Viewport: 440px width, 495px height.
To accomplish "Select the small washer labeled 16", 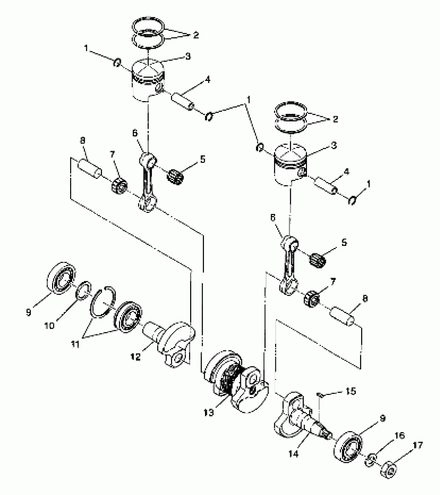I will [x=371, y=459].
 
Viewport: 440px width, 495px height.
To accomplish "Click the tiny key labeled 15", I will [x=320, y=395].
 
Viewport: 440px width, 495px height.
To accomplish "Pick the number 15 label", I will [x=350, y=391].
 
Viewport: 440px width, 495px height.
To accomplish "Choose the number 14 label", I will [x=294, y=454].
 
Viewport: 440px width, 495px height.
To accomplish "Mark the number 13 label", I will [x=209, y=413].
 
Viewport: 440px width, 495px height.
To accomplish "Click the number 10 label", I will [x=49, y=325].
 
